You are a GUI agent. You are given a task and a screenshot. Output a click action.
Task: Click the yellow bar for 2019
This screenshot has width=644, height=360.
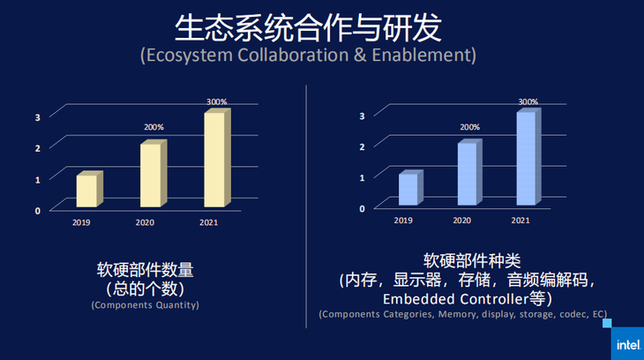pyautogui.click(x=87, y=191)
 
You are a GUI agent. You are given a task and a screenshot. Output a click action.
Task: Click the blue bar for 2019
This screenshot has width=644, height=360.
pyautogui.click(x=408, y=190)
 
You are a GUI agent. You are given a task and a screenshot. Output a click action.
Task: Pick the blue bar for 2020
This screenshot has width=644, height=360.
pyautogui.click(x=468, y=175)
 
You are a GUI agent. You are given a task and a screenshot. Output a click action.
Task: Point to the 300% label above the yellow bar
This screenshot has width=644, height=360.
pyautogui.click(x=217, y=102)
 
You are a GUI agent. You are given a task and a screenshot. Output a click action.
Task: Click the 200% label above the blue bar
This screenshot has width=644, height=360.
pyautogui.click(x=470, y=128)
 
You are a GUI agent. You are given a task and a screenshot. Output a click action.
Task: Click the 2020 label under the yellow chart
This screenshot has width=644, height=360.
pyautogui.click(x=145, y=222)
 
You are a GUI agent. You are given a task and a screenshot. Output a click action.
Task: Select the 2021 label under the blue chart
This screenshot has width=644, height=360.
pyautogui.click(x=520, y=221)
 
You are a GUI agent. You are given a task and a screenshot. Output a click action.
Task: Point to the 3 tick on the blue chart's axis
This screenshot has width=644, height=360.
pyautogui.click(x=363, y=116)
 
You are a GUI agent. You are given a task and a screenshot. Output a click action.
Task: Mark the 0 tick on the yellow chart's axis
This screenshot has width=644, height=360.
pyautogui.click(x=38, y=210)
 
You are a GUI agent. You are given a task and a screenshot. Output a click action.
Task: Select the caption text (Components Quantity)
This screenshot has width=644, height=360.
pyautogui.click(x=145, y=305)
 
